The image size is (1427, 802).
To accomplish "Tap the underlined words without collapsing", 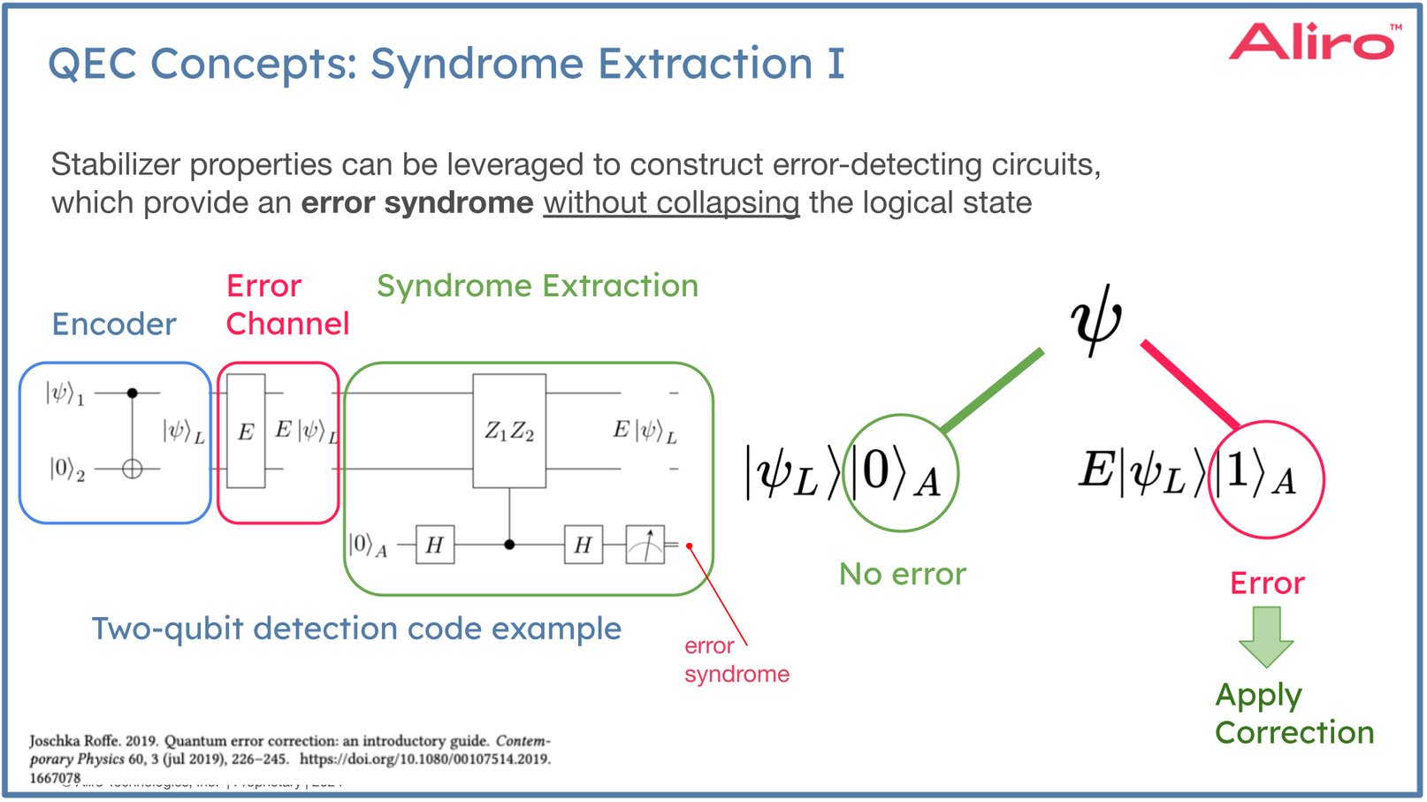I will (670, 203).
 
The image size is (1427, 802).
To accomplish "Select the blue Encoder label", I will (114, 325).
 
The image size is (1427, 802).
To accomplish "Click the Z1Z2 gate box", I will (509, 431).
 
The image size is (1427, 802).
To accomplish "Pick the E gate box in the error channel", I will (246, 432).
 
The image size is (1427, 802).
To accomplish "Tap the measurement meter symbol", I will (645, 545).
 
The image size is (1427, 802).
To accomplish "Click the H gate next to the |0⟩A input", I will (434, 545).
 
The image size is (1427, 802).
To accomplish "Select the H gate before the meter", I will (583, 545).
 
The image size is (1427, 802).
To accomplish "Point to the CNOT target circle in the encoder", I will (132, 470).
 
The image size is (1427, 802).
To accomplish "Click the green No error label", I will (902, 575).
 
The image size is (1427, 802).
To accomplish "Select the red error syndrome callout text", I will (736, 661).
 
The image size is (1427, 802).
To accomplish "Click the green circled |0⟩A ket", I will (900, 473).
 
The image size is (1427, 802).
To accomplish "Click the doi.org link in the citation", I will (424, 759).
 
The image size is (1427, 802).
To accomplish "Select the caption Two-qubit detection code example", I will (356, 629).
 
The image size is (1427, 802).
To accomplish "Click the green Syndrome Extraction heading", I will (538, 286).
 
